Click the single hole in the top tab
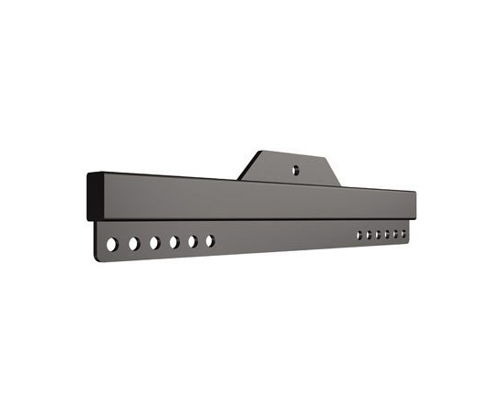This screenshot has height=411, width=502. point(295,169)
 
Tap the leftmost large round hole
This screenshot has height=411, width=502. point(112,245)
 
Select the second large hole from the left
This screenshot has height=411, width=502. point(133,244)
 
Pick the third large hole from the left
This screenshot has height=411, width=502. point(154,243)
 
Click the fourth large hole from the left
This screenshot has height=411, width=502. point(173,242)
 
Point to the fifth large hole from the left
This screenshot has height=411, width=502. point(193,241)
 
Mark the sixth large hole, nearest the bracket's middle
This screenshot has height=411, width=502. point(210,240)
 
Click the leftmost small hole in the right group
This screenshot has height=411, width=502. point(360,236)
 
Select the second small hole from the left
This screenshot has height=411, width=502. point(369,236)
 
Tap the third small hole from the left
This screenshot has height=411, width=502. point(378,235)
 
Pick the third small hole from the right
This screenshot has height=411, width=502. point(387,235)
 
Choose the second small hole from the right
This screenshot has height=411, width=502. point(395,234)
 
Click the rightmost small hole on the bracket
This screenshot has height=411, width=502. point(403,234)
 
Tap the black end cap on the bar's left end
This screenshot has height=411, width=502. point(94,197)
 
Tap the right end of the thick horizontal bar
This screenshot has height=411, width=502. point(413,205)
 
